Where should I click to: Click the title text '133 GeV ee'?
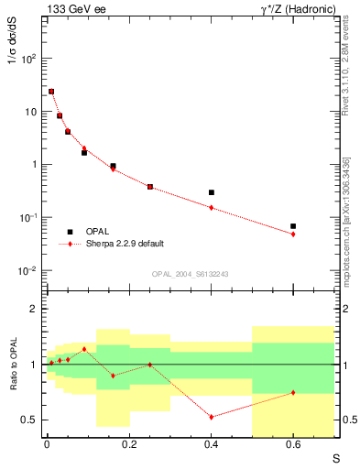coord(71,9)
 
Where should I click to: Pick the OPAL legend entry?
coord(97,231)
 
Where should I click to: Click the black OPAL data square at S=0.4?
coord(211,192)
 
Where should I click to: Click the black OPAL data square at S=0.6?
coord(293,225)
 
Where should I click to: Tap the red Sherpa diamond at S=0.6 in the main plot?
coord(293,234)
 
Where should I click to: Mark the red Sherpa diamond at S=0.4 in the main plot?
coord(211,208)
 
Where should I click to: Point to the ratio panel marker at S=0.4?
coord(211,417)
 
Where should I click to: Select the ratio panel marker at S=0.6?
coord(293,392)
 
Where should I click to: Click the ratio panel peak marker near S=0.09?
coord(84,349)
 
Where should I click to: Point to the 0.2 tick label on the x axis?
coord(128,447)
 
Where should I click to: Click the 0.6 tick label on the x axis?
coord(293,447)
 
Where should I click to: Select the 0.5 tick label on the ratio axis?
coord(29,420)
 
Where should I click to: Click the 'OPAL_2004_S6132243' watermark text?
coord(191,274)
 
